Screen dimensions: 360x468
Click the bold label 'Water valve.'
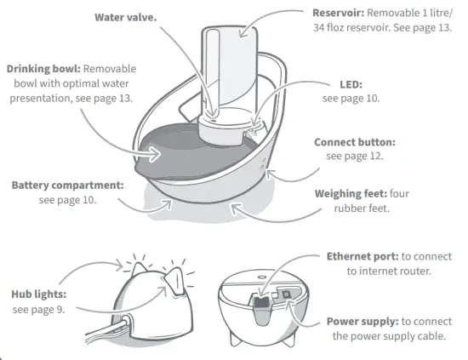[x=124, y=17]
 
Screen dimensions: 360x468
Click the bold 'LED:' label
[x=349, y=85]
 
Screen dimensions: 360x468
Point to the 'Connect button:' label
[x=354, y=142]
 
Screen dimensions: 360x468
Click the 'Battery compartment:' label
[x=67, y=185]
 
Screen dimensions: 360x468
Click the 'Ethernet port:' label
[x=362, y=255]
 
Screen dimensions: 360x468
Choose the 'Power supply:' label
[x=362, y=322]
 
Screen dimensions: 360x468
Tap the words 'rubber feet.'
[x=362, y=208]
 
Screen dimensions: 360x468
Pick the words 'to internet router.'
[x=388, y=271]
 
